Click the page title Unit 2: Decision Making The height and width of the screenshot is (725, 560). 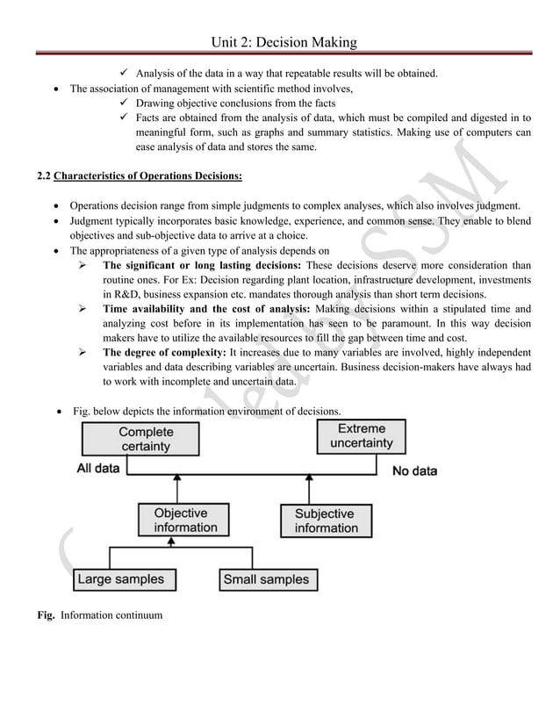(280, 41)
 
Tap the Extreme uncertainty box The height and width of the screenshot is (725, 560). (361, 436)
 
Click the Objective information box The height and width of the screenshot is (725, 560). (184, 520)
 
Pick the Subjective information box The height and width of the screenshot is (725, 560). (326, 520)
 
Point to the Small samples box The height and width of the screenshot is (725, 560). (267, 579)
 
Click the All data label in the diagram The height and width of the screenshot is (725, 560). (98, 469)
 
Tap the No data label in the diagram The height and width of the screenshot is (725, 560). (414, 471)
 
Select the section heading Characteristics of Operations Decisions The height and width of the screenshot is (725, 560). (147, 176)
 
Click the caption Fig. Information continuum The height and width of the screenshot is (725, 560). (99, 615)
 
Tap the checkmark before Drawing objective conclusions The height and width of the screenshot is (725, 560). (125, 103)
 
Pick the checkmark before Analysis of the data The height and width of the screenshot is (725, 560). (125, 73)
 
